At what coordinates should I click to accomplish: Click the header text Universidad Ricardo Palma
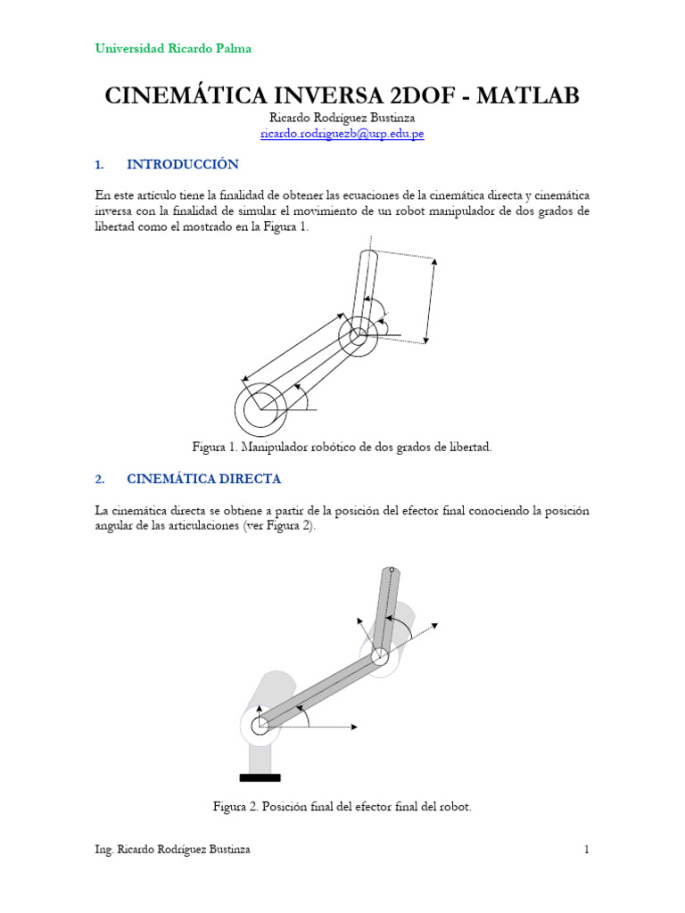point(173,48)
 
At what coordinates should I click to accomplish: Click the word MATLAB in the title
point(528,96)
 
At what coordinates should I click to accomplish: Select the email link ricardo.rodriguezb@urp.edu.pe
point(342,133)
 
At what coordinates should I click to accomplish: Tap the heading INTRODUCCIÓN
point(183,164)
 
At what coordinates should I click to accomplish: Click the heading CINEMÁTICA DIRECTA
point(203,479)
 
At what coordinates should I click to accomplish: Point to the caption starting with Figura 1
point(342,446)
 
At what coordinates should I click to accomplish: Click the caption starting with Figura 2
point(342,806)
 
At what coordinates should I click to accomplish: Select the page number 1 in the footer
point(587,850)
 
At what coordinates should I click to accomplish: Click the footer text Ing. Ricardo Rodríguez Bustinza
point(172,850)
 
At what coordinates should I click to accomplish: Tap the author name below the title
point(342,117)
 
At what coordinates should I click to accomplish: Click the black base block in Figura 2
point(260,777)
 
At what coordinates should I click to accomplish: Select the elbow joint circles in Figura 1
point(358,336)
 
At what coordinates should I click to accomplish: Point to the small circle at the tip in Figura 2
point(391,571)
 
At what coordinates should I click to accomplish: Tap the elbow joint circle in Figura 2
point(379,656)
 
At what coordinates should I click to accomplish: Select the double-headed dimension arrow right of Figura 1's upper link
point(431,300)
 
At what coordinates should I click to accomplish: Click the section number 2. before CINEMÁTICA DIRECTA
point(99,479)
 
